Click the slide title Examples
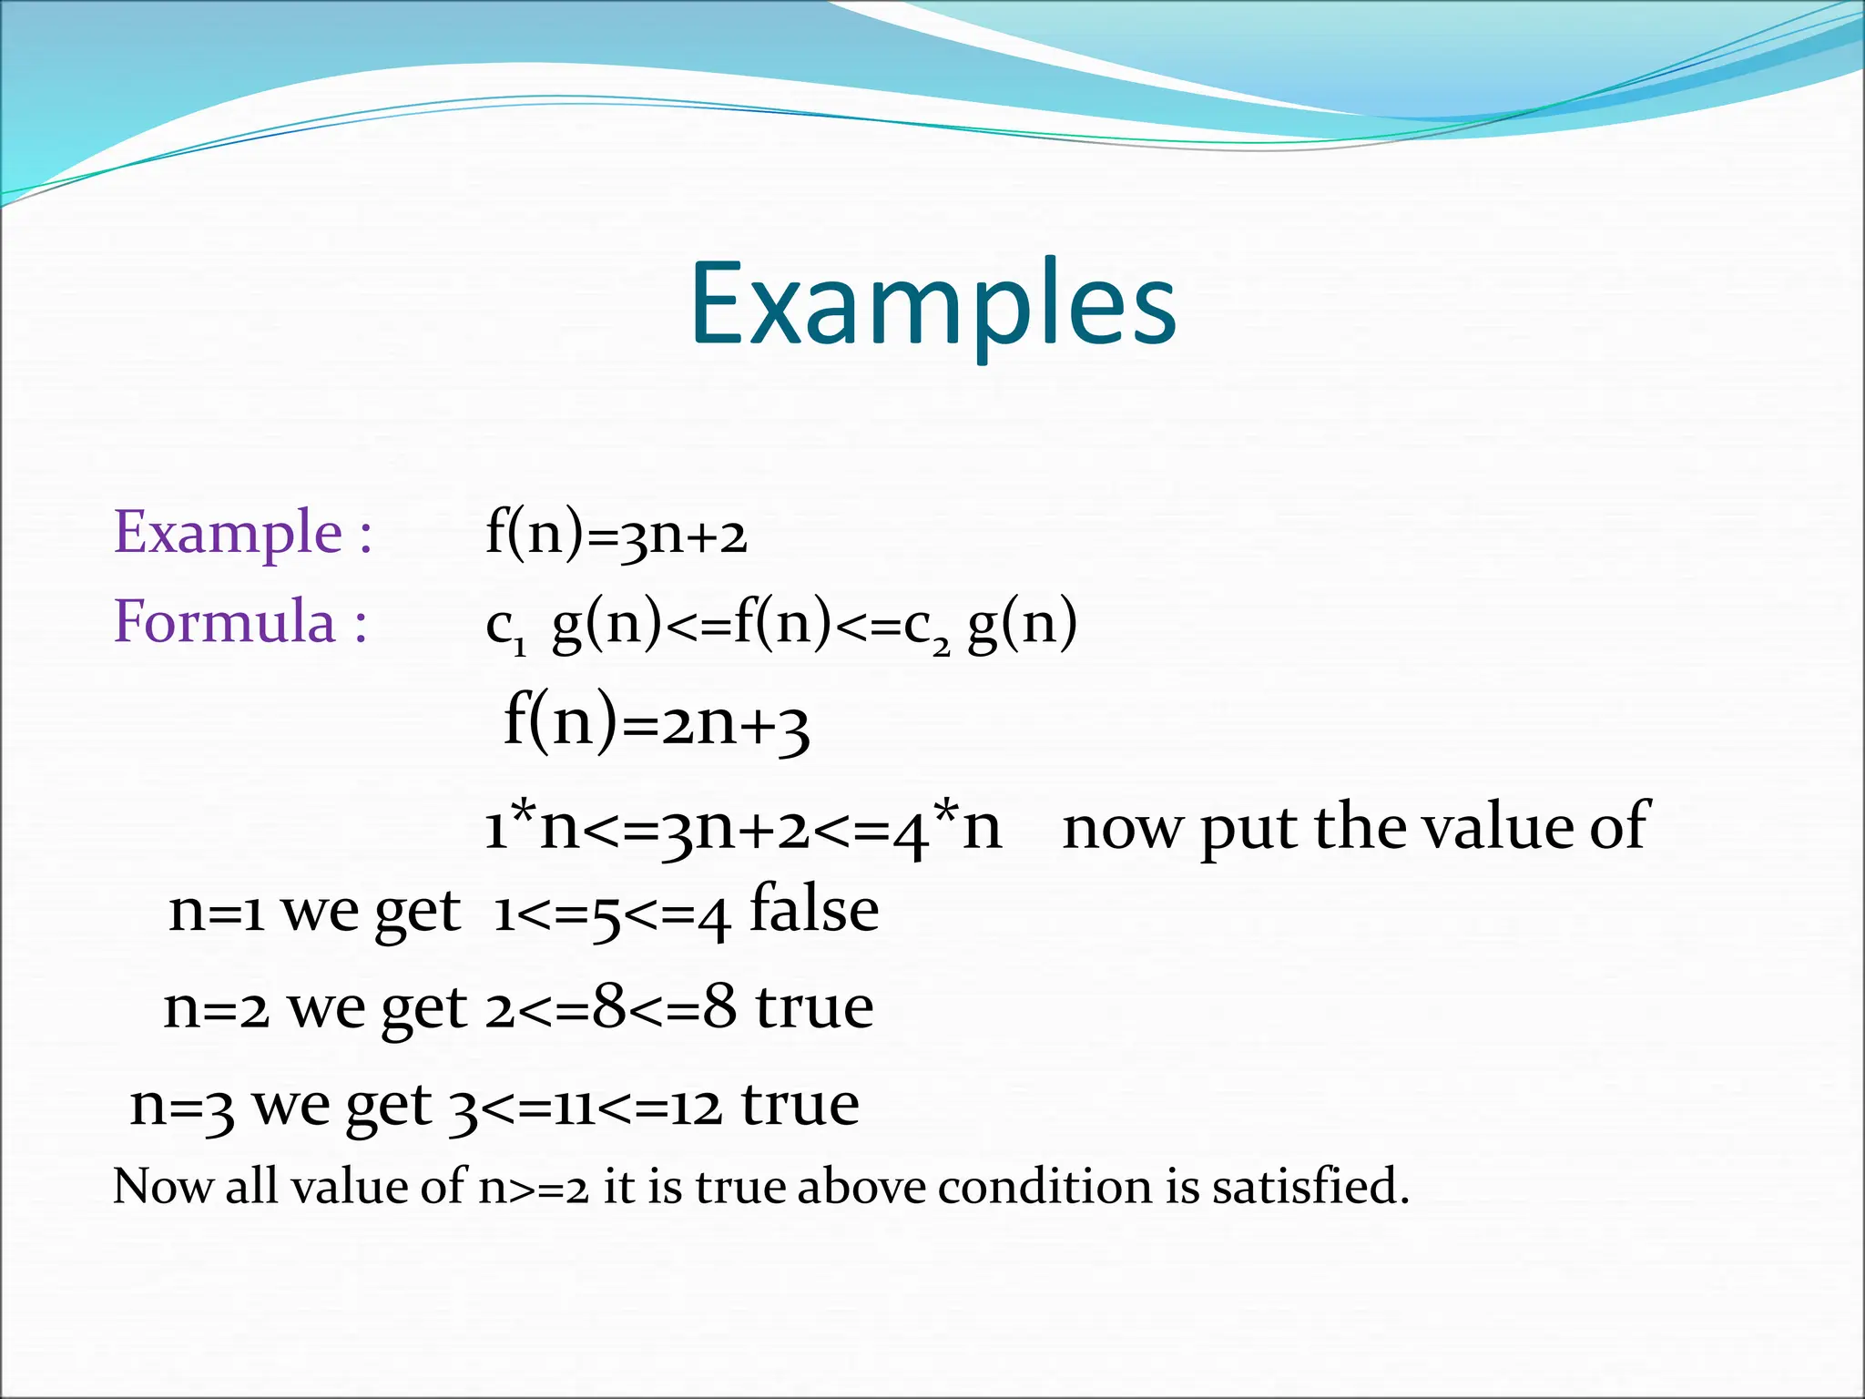(932, 305)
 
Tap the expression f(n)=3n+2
(616, 534)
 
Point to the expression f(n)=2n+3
(656, 722)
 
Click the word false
(813, 910)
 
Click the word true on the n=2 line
(814, 1007)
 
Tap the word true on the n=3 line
(800, 1105)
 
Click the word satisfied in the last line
(1310, 1187)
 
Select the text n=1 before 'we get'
(217, 912)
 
